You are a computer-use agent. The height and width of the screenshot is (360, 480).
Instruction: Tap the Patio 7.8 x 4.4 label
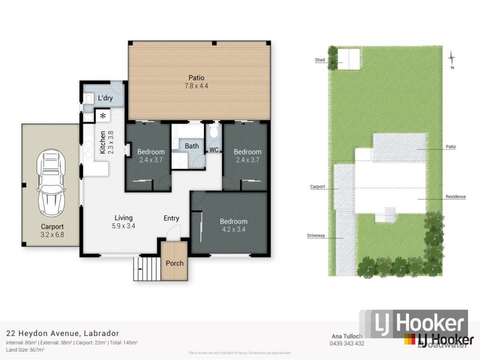196,82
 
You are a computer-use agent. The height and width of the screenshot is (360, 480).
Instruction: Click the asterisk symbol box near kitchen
103,116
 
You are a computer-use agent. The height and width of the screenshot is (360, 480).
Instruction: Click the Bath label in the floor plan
191,146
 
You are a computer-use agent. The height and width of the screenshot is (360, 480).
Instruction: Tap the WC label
214,149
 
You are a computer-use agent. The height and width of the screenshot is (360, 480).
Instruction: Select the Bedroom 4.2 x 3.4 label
233,225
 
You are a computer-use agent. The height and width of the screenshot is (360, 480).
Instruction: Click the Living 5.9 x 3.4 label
122,222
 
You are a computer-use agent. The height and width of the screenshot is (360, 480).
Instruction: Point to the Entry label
172,218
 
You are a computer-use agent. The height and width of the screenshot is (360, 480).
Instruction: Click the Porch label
175,263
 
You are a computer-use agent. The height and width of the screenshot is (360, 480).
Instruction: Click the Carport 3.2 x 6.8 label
52,230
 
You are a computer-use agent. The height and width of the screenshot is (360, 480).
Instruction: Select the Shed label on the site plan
320,60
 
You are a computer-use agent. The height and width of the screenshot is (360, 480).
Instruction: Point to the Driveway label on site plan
316,236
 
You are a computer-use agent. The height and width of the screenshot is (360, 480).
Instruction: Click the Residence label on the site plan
455,197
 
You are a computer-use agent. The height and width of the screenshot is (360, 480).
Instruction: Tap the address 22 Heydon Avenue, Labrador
62,333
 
